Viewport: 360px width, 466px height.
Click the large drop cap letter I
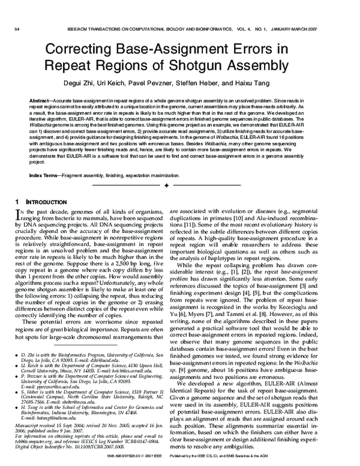[17, 214]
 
